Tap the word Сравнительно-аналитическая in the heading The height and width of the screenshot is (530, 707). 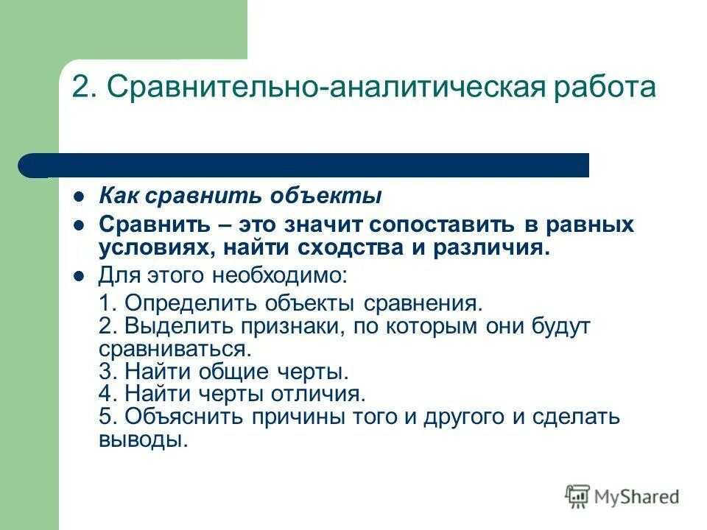(x=316, y=88)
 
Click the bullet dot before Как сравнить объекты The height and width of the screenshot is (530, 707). (x=81, y=198)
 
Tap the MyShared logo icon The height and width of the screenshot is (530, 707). (x=577, y=496)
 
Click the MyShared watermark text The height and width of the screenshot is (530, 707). (x=638, y=497)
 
